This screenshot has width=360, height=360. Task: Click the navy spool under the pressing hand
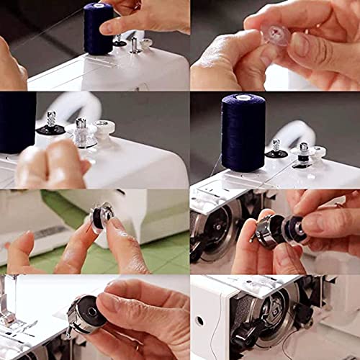[98, 29]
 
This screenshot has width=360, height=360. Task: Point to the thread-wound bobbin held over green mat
[103, 217]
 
